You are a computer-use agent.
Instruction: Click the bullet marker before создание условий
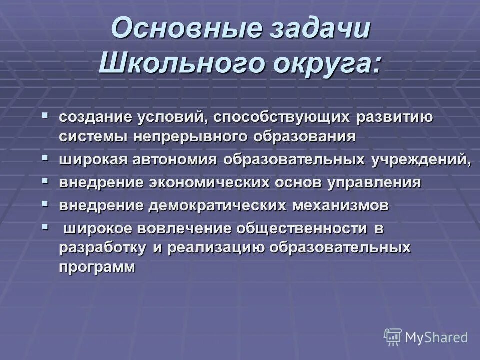(45, 115)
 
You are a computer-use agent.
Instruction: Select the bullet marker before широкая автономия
(45, 157)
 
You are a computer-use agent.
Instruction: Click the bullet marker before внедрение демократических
(45, 203)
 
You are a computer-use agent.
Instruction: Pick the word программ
(97, 266)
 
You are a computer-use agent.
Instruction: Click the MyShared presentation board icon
(393, 337)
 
